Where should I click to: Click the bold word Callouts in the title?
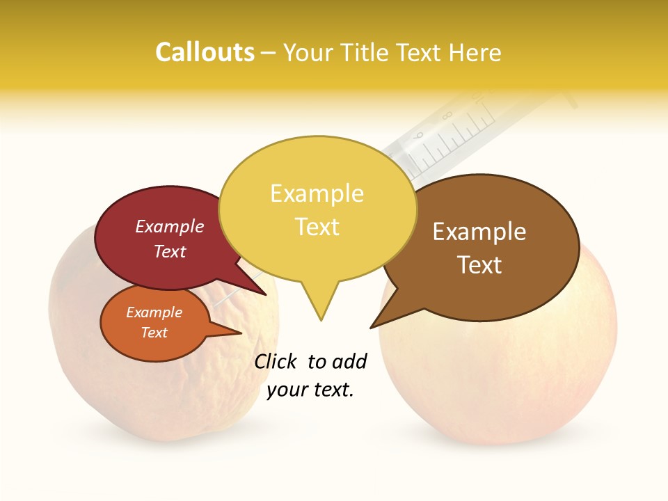tap(205, 52)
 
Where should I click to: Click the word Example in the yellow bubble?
tap(317, 193)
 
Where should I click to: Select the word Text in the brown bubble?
tap(479, 265)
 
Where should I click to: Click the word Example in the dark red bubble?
tap(169, 227)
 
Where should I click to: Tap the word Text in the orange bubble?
tap(154, 333)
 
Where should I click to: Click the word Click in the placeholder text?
tap(276, 361)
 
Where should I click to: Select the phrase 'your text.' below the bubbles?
tap(310, 390)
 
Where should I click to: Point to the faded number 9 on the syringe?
tap(417, 136)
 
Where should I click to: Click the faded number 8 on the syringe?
tap(446, 116)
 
